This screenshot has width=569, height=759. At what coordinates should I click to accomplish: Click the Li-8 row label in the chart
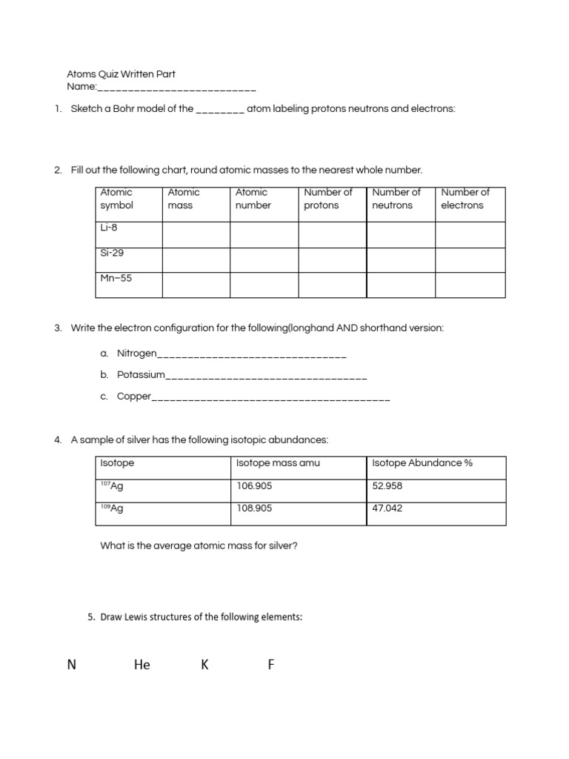(109, 228)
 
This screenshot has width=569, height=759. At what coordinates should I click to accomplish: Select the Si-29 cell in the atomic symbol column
(112, 253)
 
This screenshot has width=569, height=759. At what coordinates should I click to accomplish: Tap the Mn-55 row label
(116, 279)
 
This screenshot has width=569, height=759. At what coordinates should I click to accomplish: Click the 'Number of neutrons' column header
(396, 199)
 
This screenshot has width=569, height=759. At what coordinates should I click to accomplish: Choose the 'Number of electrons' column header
(465, 199)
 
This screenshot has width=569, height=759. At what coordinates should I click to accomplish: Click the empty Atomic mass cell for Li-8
(196, 234)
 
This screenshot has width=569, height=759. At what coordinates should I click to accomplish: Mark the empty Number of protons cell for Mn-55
(333, 285)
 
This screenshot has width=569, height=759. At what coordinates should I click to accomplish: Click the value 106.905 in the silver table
(253, 485)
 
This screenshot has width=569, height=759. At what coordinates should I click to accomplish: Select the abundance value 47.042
(387, 509)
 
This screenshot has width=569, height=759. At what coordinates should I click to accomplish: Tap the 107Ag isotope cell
(112, 485)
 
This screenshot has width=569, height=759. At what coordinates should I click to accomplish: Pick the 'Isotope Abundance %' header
(422, 463)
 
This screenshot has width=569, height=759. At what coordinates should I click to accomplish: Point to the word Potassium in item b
(141, 375)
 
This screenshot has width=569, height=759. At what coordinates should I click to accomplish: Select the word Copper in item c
(134, 397)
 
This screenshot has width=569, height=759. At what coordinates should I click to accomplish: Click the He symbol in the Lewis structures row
(142, 665)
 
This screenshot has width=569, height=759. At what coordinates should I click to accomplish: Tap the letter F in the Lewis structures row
(271, 665)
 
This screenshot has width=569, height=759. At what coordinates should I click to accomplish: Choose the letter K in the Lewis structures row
(204, 665)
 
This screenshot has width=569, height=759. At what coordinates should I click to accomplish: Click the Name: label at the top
(82, 87)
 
